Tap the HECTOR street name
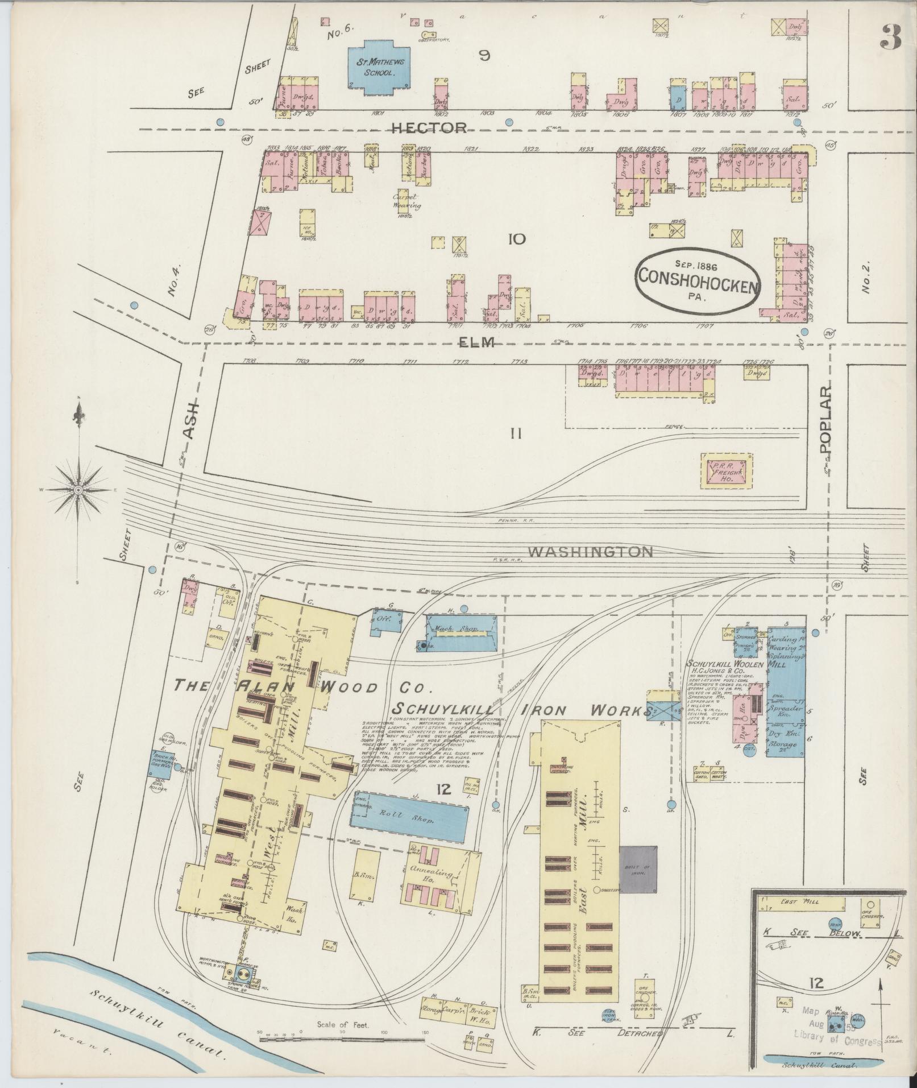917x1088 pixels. (429, 127)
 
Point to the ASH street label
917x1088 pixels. (192, 421)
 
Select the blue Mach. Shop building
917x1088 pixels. (461, 631)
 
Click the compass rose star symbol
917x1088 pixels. (78, 489)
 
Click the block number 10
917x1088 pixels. (517, 239)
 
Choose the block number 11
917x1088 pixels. (516, 434)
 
